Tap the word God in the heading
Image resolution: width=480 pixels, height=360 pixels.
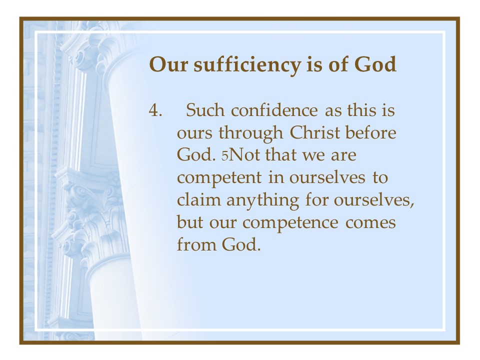point(375,64)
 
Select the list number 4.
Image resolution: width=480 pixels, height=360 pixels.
point(155,110)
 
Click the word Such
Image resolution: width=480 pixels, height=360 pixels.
point(205,110)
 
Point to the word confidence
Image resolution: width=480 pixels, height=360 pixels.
point(274,110)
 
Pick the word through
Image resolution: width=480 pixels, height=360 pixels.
point(250,133)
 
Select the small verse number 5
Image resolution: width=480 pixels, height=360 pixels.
point(225,156)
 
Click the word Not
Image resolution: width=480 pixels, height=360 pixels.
point(244,154)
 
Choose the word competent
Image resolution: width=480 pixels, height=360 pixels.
point(219,178)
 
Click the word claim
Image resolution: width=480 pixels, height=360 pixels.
point(199,199)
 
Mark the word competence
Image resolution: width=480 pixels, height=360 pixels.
point(290,223)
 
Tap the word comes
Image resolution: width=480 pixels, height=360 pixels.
point(370,223)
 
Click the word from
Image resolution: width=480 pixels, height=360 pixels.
point(196,244)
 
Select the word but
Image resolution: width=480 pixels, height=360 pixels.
point(190,222)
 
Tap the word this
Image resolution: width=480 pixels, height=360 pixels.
point(361,110)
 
